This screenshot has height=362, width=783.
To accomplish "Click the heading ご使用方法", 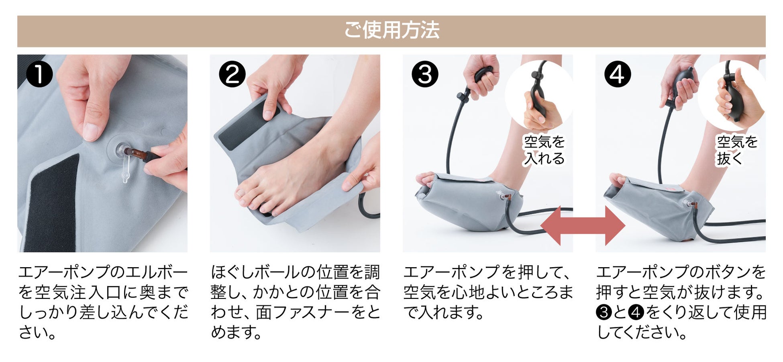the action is [391, 30].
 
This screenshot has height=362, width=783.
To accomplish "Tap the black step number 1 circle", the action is [39, 74].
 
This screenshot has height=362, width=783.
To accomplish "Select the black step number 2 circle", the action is [232, 74].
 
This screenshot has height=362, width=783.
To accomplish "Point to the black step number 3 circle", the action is [425, 74].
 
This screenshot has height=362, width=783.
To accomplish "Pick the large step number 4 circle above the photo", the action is [618, 74].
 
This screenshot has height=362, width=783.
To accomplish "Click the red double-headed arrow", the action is [583, 226].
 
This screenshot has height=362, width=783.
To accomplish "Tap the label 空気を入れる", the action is [544, 150].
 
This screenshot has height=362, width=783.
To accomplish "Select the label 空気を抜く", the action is [737, 150].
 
